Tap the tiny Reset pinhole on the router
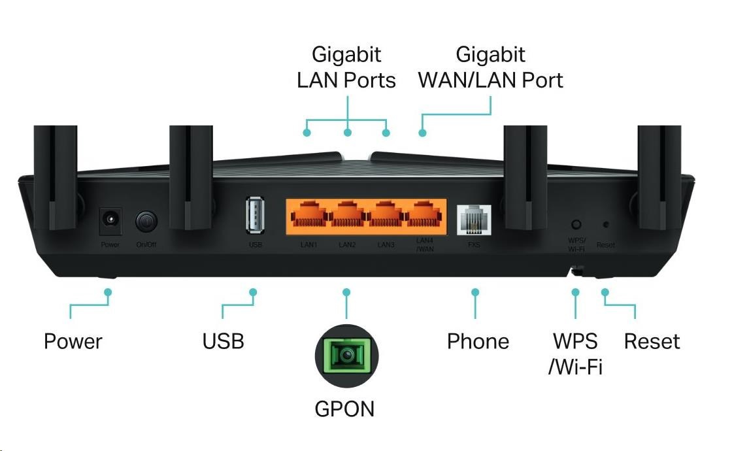[605, 225]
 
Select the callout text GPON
[344, 409]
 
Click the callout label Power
[73, 341]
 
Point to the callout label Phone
[478, 341]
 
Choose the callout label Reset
[652, 341]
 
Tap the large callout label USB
[223, 341]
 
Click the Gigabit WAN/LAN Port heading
[490, 67]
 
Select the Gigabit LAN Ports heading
[346, 67]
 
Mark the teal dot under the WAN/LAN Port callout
[422, 133]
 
